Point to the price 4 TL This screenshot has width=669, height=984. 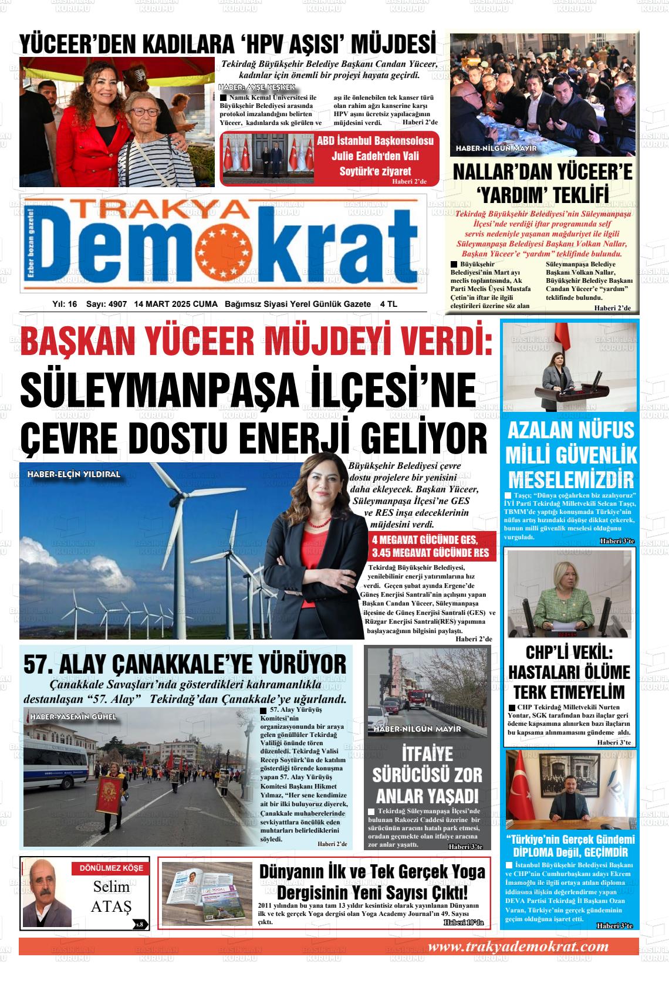pos(389,304)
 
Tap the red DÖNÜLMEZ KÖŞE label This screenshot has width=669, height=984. pos(107,868)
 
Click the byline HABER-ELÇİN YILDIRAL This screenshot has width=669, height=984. pos(73,474)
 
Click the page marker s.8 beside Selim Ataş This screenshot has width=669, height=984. pos(140,925)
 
